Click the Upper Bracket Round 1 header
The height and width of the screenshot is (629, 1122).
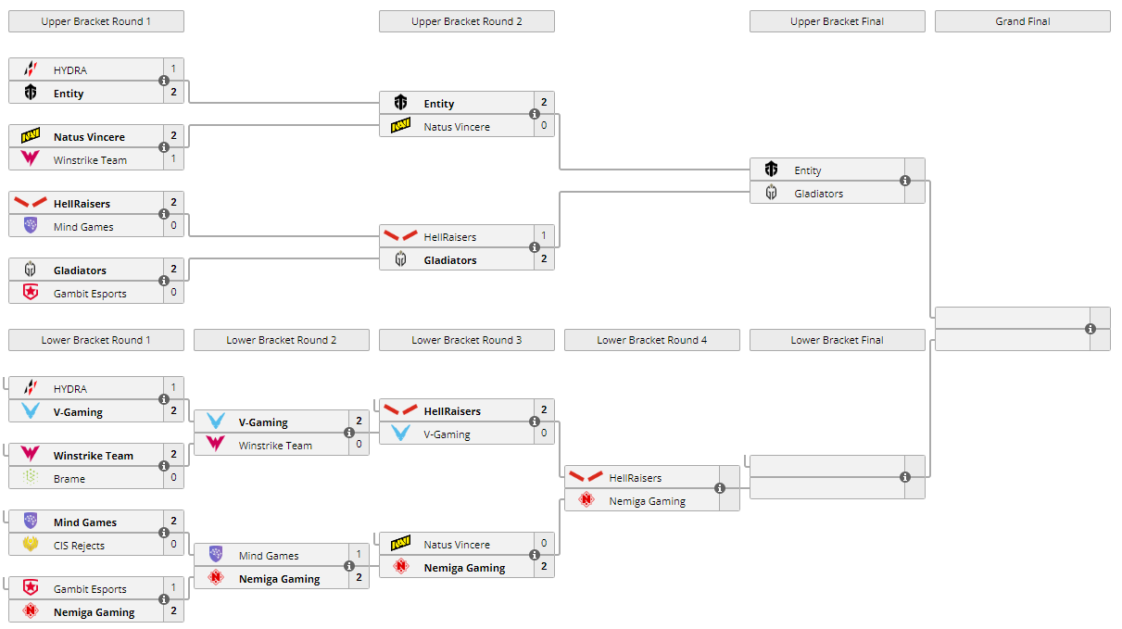click(96, 21)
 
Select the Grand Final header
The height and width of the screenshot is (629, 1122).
click(1022, 21)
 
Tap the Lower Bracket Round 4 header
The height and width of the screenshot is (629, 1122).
click(651, 340)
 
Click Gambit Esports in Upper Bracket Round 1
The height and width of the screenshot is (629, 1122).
click(90, 294)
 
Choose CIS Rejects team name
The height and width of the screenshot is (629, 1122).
click(79, 546)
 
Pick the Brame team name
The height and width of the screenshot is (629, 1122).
click(69, 479)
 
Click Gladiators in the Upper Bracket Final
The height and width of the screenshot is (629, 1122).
click(818, 194)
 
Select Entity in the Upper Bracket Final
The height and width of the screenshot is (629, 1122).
click(807, 170)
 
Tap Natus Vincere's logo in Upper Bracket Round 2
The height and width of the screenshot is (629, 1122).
click(400, 127)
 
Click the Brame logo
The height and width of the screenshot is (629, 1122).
click(31, 478)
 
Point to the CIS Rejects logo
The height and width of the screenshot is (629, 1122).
click(31, 545)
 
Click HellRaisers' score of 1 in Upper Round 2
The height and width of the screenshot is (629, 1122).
click(544, 236)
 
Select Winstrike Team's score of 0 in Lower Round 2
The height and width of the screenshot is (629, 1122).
click(359, 445)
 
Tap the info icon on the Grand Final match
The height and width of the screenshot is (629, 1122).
click(1090, 329)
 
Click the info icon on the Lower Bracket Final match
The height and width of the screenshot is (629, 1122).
click(905, 477)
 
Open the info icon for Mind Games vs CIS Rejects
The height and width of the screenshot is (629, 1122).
click(164, 533)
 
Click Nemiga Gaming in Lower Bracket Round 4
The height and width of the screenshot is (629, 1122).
click(647, 501)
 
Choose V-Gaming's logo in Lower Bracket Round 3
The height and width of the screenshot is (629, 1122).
click(400, 434)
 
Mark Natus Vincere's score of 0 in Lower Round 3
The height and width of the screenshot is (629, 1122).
click(544, 544)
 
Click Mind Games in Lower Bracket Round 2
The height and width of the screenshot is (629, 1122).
click(269, 556)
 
